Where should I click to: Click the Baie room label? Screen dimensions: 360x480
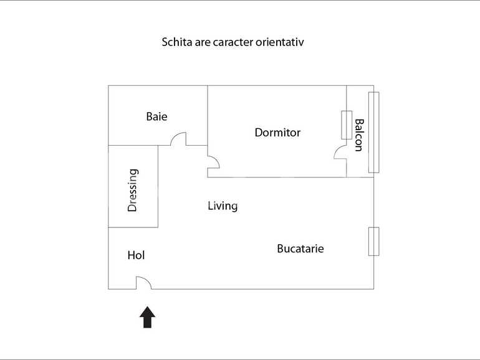[x=156, y=116]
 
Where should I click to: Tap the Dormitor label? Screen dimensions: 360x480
[x=277, y=133]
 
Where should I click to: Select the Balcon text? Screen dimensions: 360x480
[x=358, y=135]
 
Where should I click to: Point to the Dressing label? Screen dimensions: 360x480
[x=132, y=191]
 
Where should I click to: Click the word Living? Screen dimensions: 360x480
[x=223, y=206]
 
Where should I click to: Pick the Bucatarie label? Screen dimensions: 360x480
[x=300, y=249]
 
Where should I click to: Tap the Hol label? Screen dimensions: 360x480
[x=136, y=255]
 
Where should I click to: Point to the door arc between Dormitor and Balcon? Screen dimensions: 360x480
[x=340, y=151]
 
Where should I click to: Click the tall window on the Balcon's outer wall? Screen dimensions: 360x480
[x=373, y=132]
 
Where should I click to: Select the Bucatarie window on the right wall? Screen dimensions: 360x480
[x=373, y=241]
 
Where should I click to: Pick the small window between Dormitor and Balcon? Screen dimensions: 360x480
[x=346, y=125]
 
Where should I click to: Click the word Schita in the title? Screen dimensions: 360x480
[x=176, y=43]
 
